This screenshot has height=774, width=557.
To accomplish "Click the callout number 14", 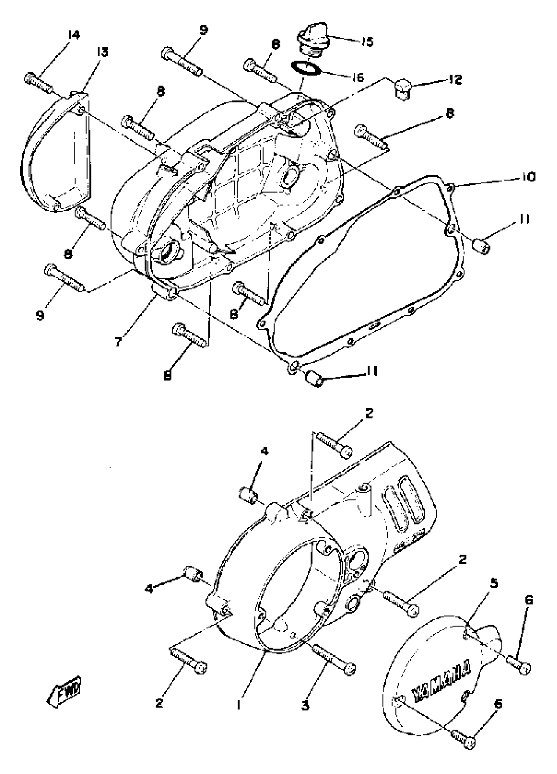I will (74, 35).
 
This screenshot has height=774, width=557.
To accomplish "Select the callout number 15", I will (368, 42).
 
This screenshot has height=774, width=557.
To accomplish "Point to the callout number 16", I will (357, 78).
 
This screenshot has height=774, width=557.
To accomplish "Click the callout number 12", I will (455, 80).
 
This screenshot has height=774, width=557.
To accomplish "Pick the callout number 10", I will (528, 177).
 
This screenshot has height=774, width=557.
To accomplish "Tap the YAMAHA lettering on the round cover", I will (442, 681).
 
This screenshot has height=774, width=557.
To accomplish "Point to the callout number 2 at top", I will (369, 413).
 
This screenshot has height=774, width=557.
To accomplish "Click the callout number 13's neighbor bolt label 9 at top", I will (203, 30).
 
